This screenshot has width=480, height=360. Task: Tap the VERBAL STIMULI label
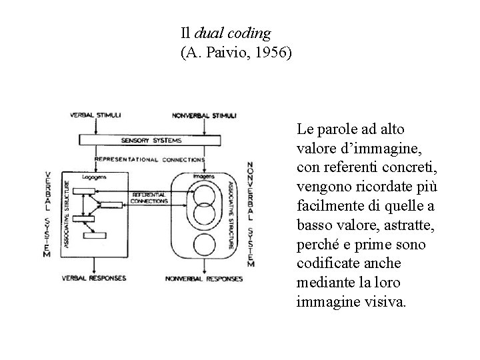pos(95,115)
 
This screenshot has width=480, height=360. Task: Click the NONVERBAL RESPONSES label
pos(204,278)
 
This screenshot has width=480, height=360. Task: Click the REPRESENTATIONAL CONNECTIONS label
pos(150,160)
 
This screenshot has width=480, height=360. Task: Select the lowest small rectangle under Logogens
pos(93,235)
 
